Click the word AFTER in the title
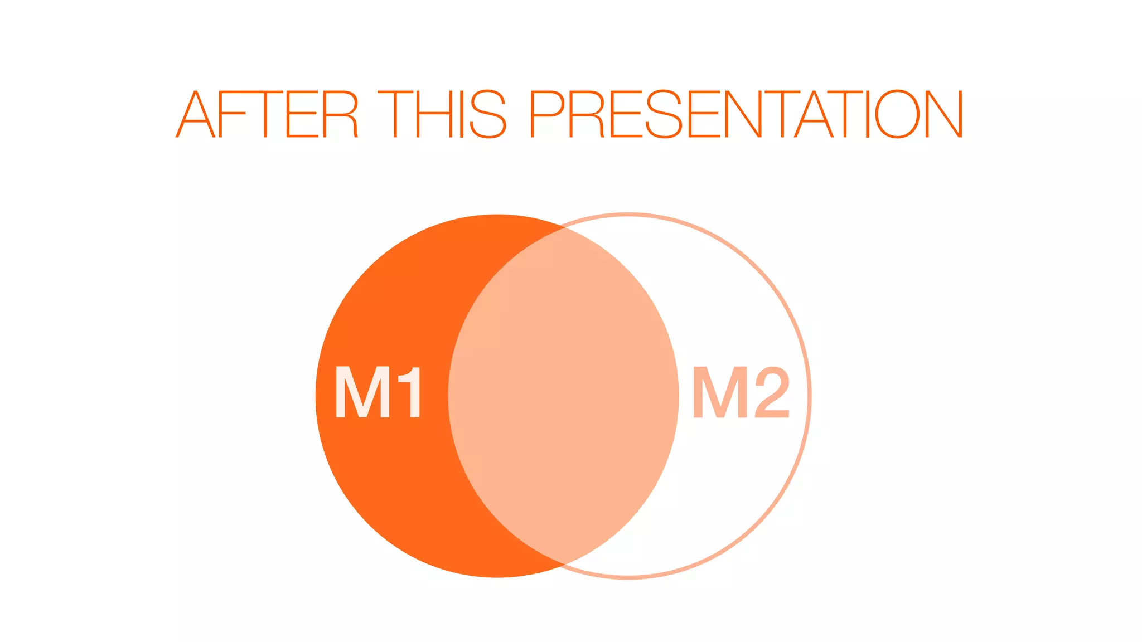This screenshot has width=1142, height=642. click(x=267, y=114)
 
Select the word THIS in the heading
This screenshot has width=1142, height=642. click(x=442, y=114)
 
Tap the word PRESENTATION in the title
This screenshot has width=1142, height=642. click(x=746, y=114)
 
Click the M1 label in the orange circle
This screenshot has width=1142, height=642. click(x=378, y=392)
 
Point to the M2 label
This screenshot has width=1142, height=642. click(x=741, y=392)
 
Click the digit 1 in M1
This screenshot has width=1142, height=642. click(x=409, y=392)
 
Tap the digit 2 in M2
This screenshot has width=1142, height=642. click(x=772, y=392)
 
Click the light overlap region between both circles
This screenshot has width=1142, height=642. click(x=563, y=396)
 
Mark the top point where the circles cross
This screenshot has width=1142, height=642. click(x=563, y=227)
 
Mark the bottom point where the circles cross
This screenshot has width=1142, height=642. click(x=564, y=565)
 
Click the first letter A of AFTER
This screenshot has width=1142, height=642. click(x=195, y=114)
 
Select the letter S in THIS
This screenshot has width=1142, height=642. click(x=488, y=114)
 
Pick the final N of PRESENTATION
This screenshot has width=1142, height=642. click(x=945, y=114)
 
